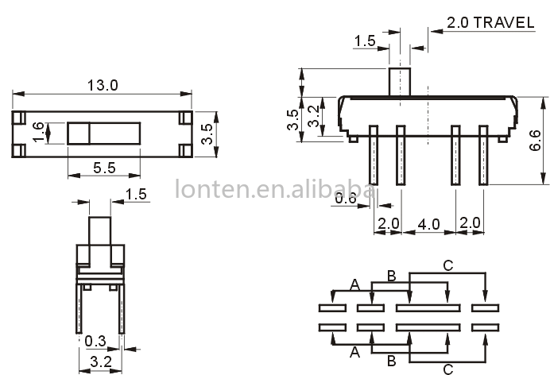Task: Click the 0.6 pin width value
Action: pos(345,199)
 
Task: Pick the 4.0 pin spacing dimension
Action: pos(428,225)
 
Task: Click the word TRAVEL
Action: pos(505,23)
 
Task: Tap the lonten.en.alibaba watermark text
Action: pos(274,191)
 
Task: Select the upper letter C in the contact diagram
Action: pos(447,266)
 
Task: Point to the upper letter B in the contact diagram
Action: pos(391,276)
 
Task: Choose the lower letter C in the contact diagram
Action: pos(447,368)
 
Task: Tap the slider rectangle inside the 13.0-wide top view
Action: pos(104,132)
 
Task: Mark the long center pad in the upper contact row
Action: pos(428,307)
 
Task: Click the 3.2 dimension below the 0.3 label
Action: pos(100,362)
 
